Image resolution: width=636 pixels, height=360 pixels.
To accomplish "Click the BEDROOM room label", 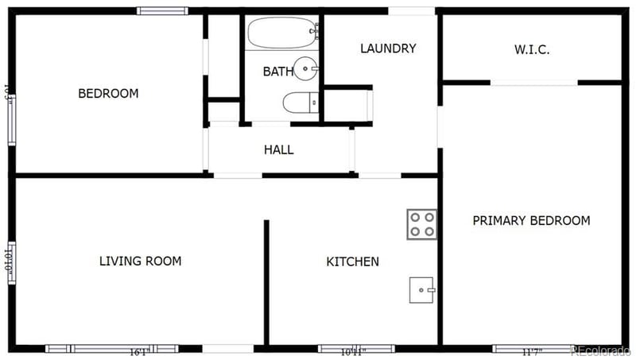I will pos(108,94).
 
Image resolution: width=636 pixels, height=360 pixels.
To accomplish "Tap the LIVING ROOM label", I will pos(140,261).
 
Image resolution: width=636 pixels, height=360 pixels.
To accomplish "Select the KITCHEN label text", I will pos(352,261).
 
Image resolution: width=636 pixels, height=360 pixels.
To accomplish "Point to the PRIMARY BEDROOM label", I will pos(531,221).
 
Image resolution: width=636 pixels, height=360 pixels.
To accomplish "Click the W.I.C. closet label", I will pos(532,49).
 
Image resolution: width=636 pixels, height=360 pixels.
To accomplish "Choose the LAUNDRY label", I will pos(388,48).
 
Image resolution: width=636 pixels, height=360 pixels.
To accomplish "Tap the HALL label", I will pos(278,149).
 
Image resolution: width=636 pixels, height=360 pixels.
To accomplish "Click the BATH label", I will pos(278,72).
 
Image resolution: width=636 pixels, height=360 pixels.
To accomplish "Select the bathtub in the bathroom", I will pos(282,33).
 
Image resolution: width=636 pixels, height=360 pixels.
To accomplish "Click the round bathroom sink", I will pos(304,69).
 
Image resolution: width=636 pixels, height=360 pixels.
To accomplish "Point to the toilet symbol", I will pos(300,103).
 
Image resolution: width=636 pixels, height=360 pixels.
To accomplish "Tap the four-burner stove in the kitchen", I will pos(421,224).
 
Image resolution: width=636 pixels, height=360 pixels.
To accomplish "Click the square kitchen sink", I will pos(421,290).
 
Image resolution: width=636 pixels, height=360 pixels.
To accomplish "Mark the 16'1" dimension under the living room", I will pos(139,351).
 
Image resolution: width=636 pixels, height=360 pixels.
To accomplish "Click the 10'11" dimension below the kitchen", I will pos(355,351).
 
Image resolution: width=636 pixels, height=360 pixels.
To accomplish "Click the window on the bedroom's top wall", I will pos(162,11).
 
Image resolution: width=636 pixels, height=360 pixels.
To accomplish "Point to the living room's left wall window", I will pos(10,261).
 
